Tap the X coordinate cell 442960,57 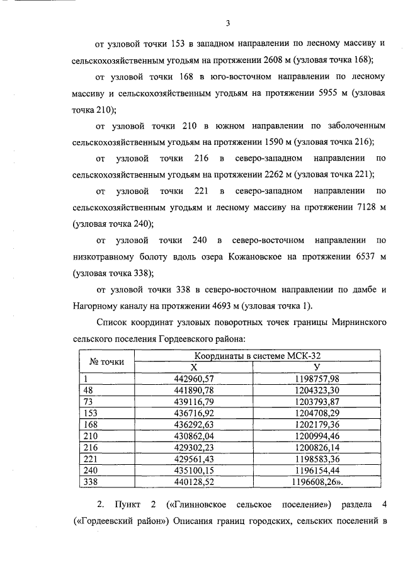194,378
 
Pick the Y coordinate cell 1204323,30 317,390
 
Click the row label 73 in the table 88,401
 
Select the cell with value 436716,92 194,413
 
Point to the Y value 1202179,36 317,425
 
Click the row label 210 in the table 91,436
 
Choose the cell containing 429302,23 194,447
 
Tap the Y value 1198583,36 317,459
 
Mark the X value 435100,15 194,470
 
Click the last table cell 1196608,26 318,482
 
